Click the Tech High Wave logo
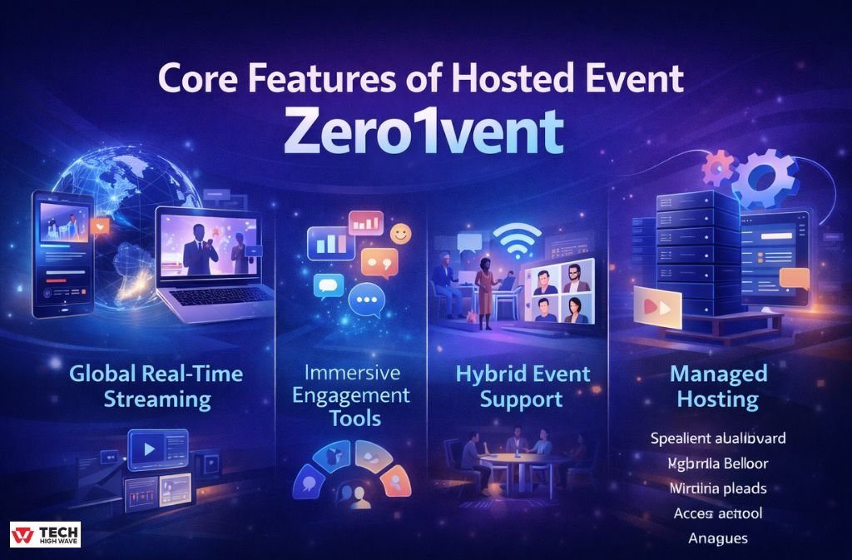point(46,534)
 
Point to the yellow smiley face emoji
point(400,235)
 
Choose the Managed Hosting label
point(718,386)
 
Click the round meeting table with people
point(524,463)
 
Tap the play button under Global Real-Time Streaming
point(150,450)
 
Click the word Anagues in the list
point(717,538)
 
